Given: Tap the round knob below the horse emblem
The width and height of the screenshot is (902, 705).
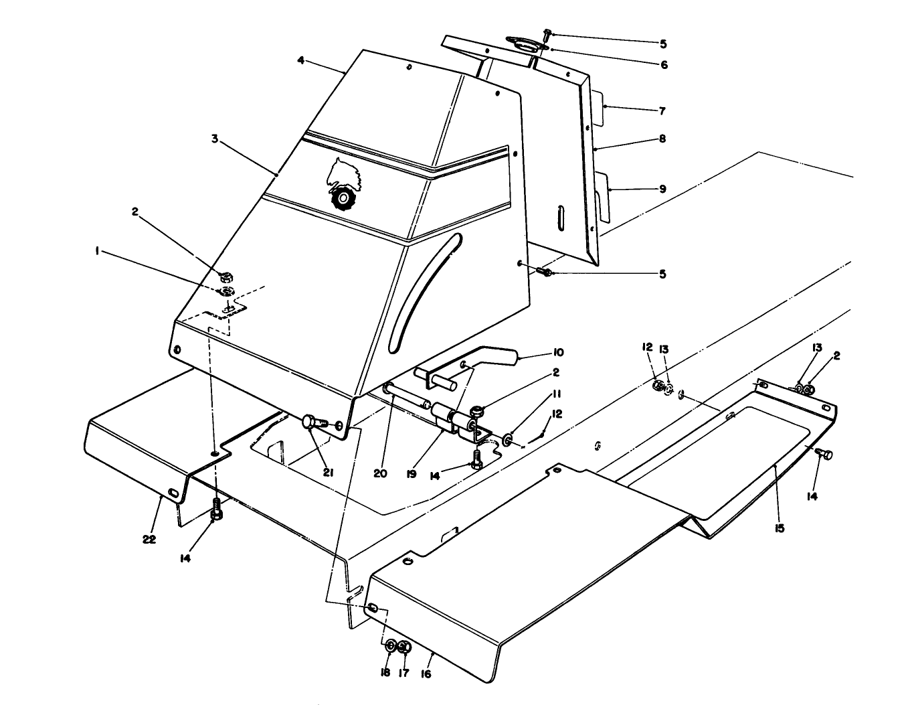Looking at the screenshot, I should tap(342, 198).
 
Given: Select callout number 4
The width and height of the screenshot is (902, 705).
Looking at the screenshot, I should tap(301, 60).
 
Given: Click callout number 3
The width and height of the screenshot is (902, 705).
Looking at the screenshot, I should tap(215, 139).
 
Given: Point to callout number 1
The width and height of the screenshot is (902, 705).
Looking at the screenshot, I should tap(98, 251).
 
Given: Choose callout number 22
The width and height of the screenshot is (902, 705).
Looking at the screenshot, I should tap(149, 540).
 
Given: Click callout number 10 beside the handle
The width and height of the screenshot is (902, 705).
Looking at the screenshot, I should tap(558, 352).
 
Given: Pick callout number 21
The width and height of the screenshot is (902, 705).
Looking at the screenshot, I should tap(329, 473).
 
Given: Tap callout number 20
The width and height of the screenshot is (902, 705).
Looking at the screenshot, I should tap(380, 473).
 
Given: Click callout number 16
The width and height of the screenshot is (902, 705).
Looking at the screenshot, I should tap(426, 673).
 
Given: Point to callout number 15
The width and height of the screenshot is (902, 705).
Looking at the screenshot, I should tap(779, 528).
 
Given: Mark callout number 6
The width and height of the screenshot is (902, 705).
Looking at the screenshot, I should tap(664, 65).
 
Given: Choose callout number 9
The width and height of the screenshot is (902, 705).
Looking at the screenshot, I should tap(662, 189).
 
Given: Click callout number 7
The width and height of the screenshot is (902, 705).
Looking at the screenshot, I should tap(662, 110).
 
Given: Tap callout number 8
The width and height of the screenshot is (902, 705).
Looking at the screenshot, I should tap(662, 139).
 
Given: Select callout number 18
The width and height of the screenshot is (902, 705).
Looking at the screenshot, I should tap(385, 673).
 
